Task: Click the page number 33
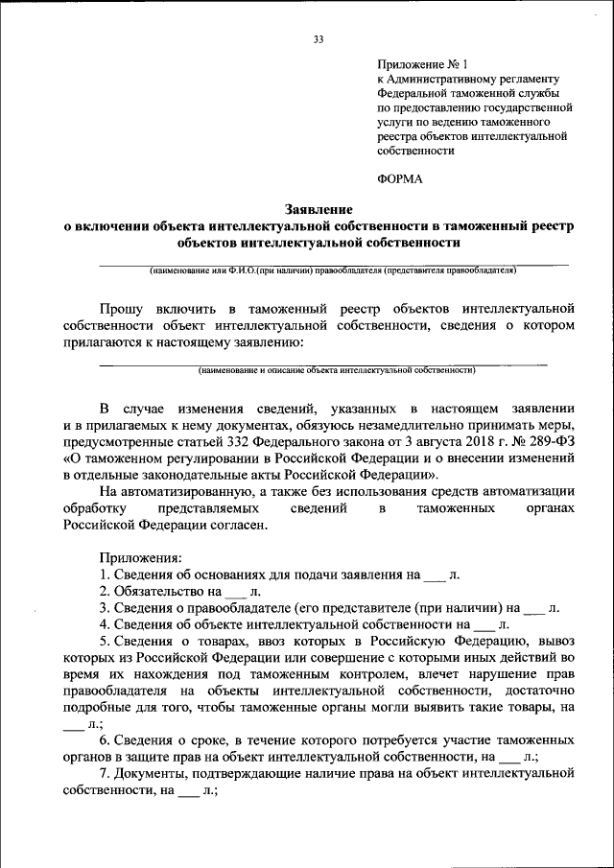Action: click(319, 38)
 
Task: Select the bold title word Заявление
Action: click(319, 208)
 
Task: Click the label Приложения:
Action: click(134, 556)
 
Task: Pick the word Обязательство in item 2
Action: click(155, 592)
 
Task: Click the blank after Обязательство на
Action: click(234, 593)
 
